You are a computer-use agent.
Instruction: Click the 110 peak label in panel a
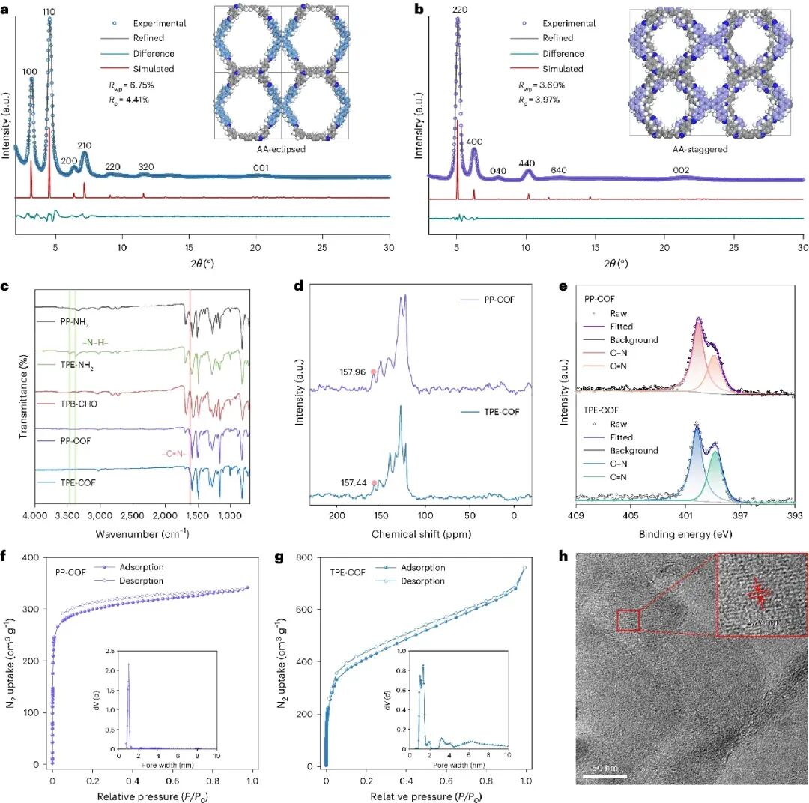[x=49, y=13]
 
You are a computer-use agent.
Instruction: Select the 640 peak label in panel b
[x=558, y=170]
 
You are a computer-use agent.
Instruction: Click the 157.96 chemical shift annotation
[x=355, y=372]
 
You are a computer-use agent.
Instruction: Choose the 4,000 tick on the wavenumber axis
[x=36, y=517]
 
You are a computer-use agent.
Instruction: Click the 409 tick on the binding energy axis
[x=576, y=517]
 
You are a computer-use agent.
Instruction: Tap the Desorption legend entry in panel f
[x=142, y=581]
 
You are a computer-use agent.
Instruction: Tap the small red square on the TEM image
[x=628, y=622]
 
